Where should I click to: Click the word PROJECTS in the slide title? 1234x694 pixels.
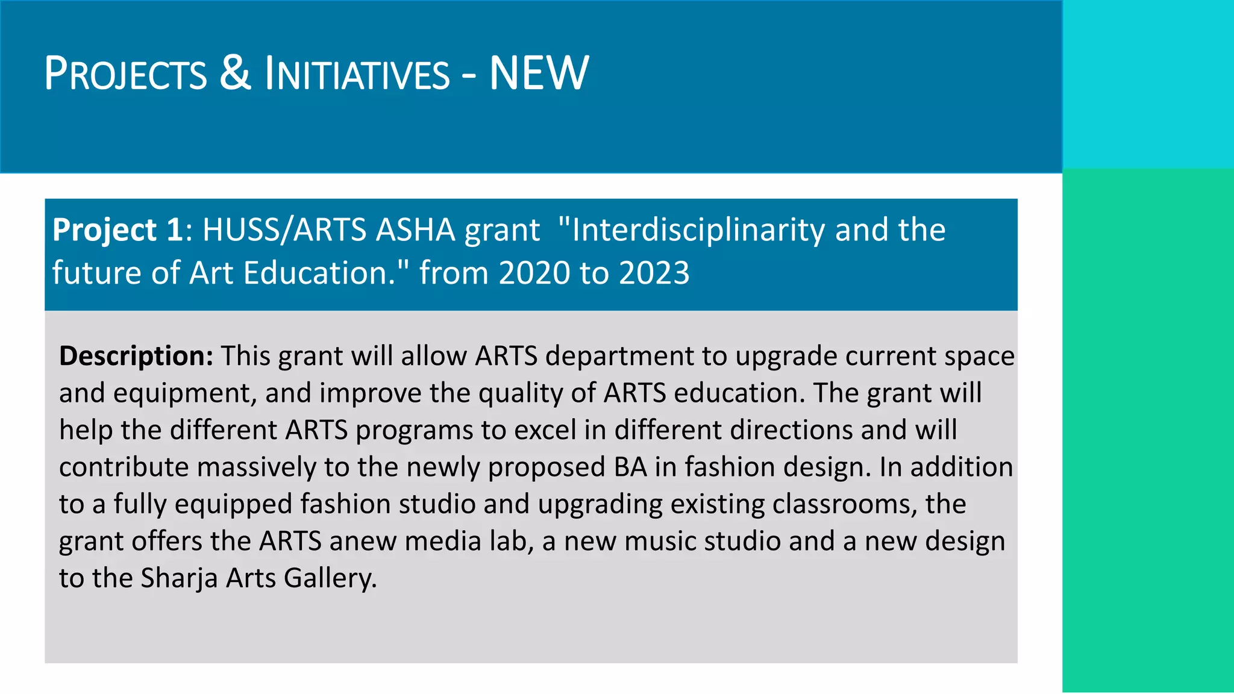[125, 74]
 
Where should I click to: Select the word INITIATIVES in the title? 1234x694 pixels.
[357, 74]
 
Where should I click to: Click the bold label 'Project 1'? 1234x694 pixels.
[117, 230]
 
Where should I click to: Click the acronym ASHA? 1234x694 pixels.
[415, 230]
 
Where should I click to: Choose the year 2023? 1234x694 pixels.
[654, 273]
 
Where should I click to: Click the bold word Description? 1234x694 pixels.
[136, 356]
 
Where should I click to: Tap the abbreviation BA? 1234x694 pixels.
[630, 467]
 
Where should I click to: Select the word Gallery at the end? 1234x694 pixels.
[330, 579]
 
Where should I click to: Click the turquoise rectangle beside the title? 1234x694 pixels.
[1148, 84]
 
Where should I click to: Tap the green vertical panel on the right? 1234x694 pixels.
[1148, 430]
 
